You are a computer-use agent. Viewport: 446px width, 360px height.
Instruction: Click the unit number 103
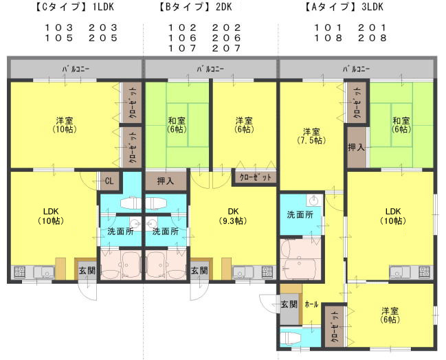pos(59,27)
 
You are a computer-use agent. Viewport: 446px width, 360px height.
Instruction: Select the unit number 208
pos(372,38)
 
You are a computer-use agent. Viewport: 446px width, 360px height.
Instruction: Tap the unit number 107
pos(182,48)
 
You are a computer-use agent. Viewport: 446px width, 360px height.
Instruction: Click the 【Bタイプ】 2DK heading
pos(195,7)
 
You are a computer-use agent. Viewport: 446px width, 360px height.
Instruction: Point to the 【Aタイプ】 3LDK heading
pos(344,7)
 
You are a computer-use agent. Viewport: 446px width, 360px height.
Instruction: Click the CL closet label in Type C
pos(109,181)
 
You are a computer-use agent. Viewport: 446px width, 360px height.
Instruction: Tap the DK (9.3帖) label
pos(233,216)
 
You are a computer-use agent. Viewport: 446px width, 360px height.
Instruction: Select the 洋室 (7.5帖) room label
pos(311,136)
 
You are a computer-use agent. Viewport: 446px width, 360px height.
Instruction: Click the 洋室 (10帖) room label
pos(65,125)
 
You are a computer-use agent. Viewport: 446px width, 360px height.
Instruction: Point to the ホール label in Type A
pos(311,304)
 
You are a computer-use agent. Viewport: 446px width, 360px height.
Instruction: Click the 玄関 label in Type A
pos(289,304)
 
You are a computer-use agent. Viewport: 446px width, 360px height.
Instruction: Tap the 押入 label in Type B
pos(166,181)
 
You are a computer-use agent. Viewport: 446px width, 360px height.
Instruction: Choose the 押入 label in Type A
pos(357,147)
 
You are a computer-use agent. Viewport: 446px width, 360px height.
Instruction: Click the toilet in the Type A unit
pos(291,338)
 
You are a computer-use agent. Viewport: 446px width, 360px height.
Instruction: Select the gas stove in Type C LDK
pos(19,272)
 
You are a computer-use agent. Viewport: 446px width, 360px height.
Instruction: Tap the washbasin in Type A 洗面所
pos(315,201)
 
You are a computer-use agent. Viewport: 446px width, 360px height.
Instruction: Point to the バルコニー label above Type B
pos(211,69)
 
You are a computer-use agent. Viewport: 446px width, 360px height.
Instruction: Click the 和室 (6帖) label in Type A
pos(401,125)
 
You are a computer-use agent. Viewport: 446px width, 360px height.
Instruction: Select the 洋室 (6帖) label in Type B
pos(245,125)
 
